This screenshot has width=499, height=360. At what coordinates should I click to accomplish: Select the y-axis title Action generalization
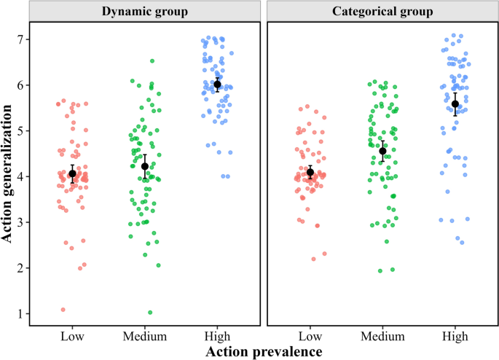(x=10, y=174)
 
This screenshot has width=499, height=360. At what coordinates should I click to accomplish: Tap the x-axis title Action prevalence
(x=264, y=352)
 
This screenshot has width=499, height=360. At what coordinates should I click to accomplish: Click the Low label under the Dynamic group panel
(x=72, y=336)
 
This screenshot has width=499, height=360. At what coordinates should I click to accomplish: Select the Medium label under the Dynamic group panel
(x=145, y=336)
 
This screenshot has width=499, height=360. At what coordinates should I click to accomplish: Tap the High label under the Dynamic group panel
(x=217, y=336)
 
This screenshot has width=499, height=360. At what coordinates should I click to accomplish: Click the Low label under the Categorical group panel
(x=310, y=336)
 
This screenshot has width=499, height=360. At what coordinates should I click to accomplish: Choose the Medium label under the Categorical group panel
(x=382, y=336)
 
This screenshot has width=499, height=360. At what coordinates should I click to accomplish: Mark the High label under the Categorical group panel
(x=455, y=336)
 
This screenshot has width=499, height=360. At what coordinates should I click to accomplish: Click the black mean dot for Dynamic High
(x=217, y=85)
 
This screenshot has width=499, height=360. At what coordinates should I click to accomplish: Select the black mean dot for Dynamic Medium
(x=145, y=166)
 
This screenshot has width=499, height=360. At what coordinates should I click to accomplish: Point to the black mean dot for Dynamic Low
(x=72, y=173)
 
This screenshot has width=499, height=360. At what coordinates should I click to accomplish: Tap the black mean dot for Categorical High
(x=455, y=103)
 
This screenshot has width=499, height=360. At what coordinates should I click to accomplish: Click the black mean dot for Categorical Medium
(x=382, y=152)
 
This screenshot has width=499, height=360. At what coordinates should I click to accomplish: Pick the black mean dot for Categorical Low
(x=310, y=173)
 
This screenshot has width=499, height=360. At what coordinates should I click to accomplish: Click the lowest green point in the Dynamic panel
(x=151, y=313)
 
